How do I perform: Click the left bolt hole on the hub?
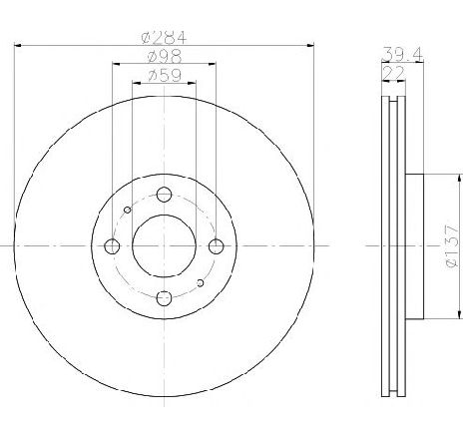click(113, 245)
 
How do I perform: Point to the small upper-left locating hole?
click(127, 210)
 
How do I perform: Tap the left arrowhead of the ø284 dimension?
click(19, 45)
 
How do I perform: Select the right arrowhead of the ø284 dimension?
click(310, 45)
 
